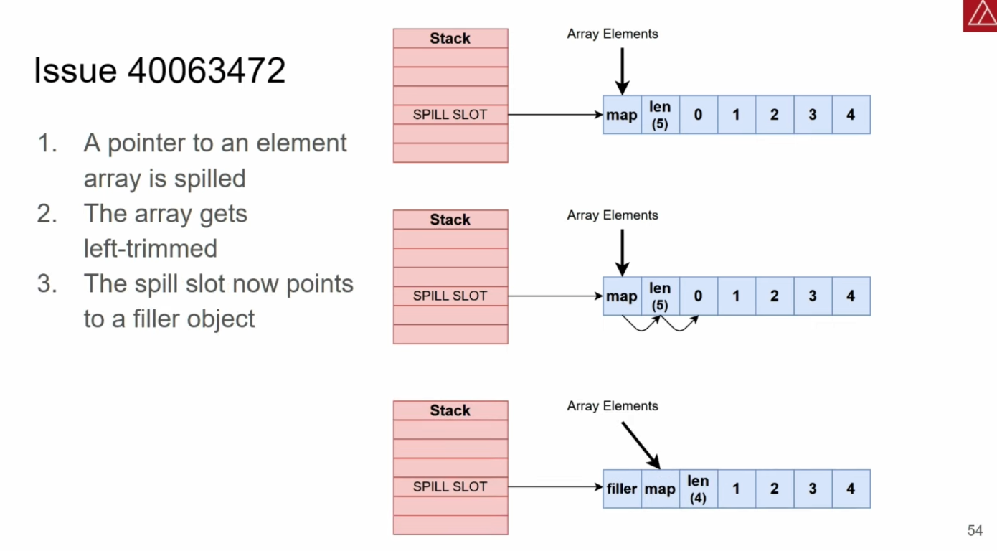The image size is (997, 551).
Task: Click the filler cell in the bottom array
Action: point(622,489)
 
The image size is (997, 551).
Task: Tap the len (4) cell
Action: point(698,489)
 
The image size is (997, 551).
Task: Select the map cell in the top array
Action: point(622,114)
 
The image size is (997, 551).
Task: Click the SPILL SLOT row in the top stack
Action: point(450,114)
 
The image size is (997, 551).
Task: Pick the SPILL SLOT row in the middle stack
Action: point(450,296)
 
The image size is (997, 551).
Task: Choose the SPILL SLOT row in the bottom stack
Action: point(450,486)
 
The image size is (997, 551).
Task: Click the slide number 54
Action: point(975,530)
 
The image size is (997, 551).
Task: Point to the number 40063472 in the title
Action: point(207,70)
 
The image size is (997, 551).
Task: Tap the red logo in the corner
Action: point(980,16)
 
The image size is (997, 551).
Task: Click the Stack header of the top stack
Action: point(450,38)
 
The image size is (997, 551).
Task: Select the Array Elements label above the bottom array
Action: point(613,406)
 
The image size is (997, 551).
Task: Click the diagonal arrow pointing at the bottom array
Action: point(641,446)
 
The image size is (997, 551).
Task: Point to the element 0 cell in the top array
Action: point(698,114)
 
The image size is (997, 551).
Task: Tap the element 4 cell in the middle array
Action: point(851,296)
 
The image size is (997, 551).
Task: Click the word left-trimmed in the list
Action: point(151,248)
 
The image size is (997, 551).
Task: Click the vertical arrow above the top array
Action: point(623,71)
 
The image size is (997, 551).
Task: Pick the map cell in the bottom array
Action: point(660,489)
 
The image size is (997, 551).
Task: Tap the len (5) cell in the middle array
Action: point(660,296)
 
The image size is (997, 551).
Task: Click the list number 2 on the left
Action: point(47,214)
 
